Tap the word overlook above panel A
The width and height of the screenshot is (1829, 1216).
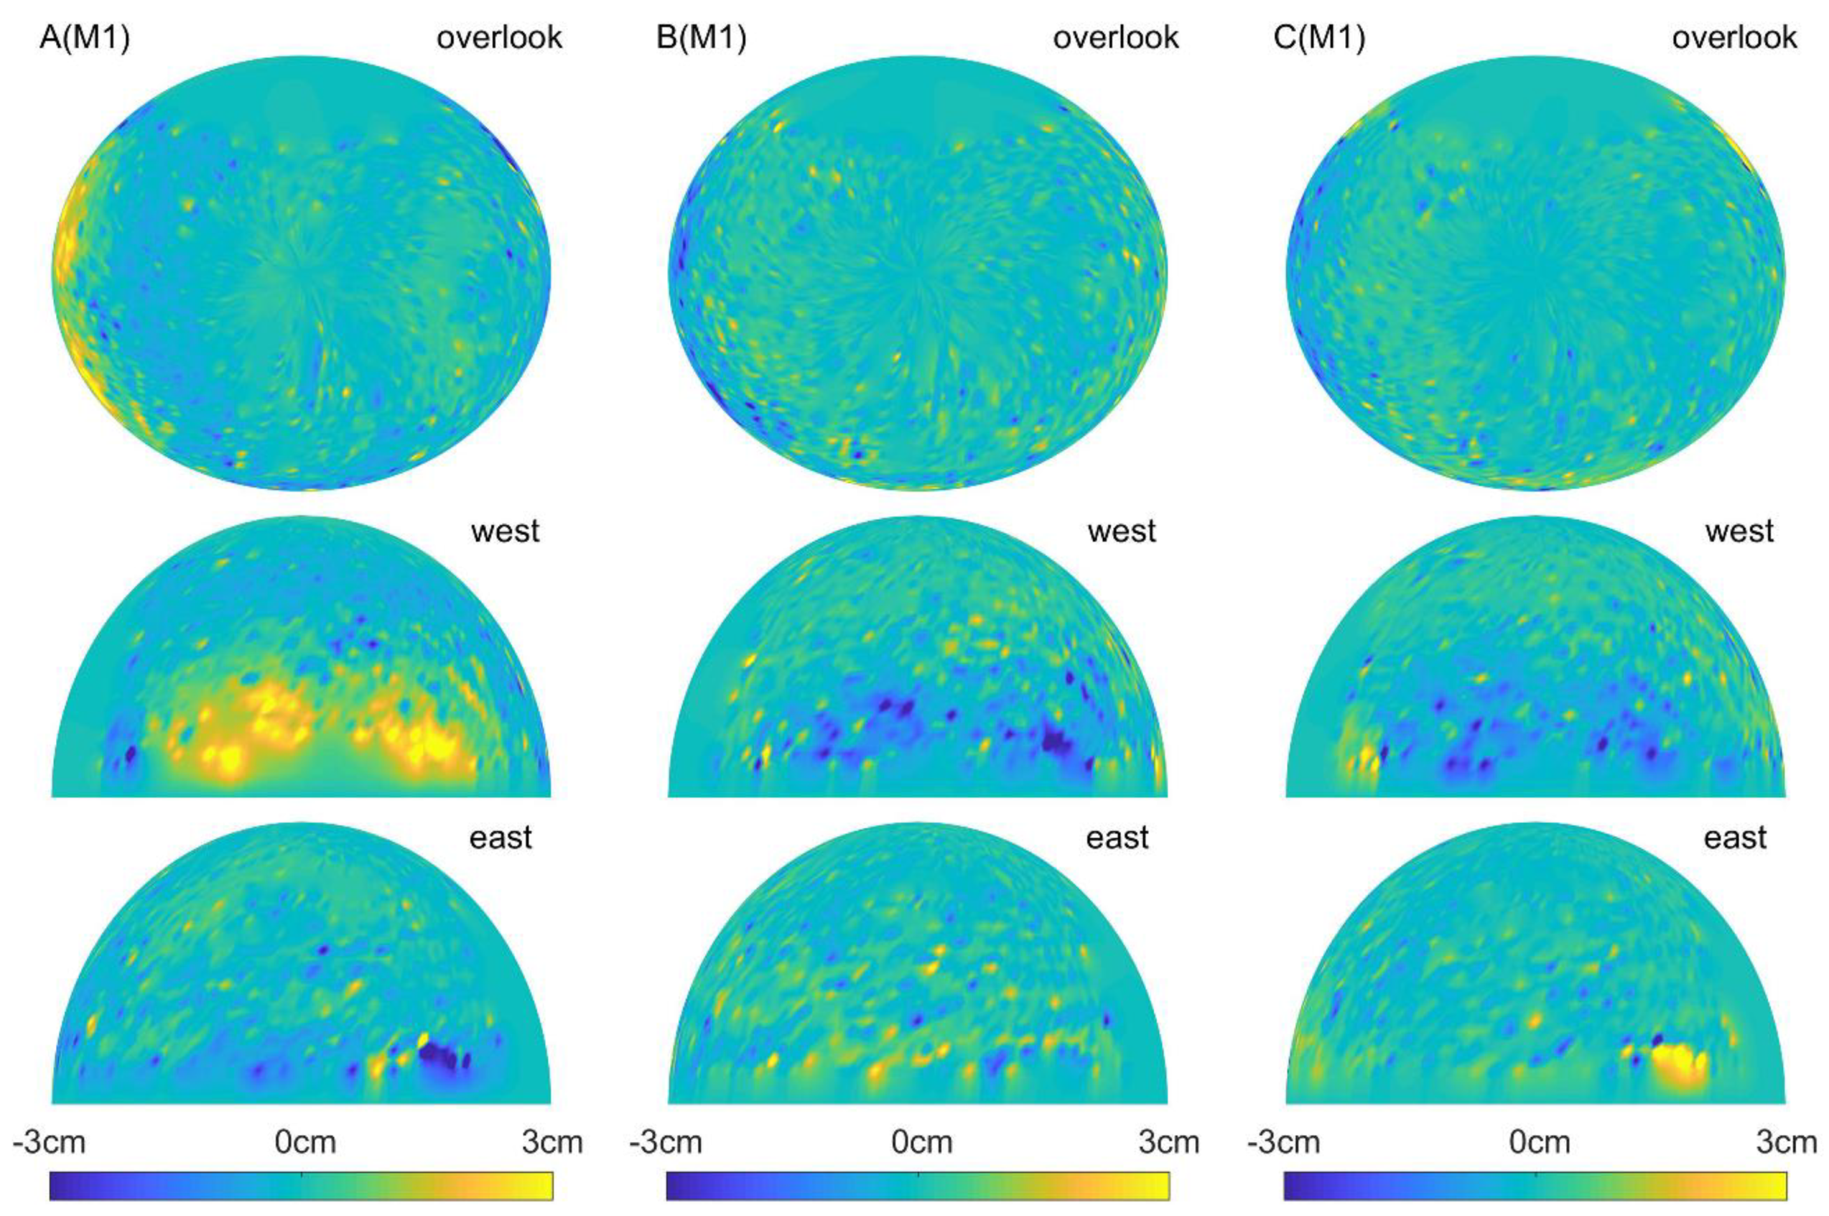499,37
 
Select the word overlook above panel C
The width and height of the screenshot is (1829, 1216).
1734,37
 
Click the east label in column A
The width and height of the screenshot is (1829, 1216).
501,838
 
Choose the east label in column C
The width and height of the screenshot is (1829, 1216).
1735,838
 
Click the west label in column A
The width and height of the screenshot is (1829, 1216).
505,531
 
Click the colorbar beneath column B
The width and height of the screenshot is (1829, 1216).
917,1186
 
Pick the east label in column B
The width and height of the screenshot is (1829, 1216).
1117,838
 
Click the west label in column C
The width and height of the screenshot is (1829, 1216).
1739,531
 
